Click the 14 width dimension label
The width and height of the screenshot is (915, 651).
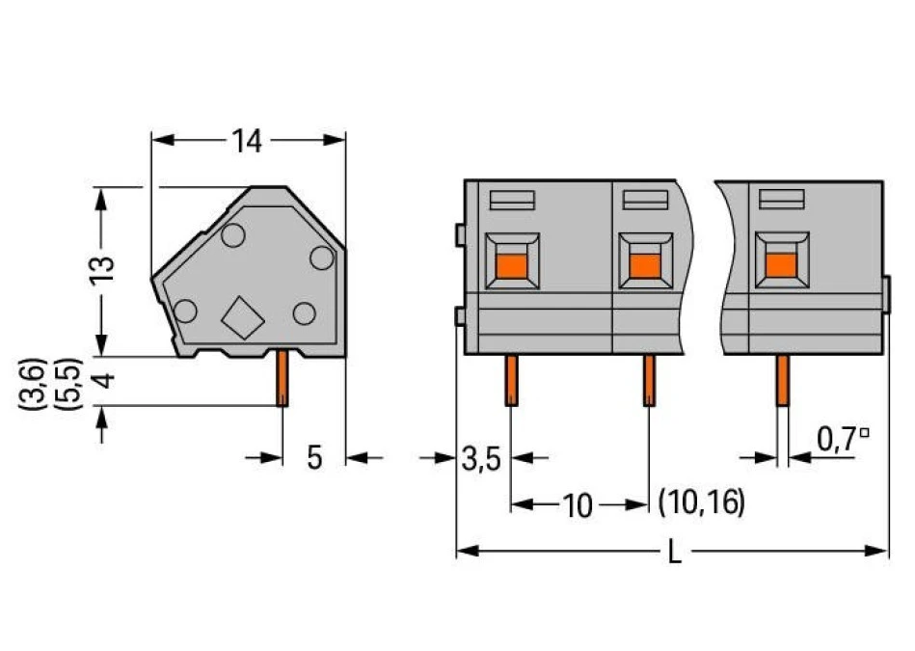point(247,141)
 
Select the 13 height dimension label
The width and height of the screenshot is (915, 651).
point(101,270)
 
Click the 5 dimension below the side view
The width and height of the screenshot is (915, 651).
point(314,458)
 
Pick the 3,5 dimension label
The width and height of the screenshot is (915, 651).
point(481,459)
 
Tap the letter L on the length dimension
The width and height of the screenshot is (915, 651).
point(674,552)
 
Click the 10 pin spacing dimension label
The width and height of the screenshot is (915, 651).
point(578,505)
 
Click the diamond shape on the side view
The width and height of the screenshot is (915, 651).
point(243,317)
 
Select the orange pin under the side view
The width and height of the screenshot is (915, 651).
point(282,378)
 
